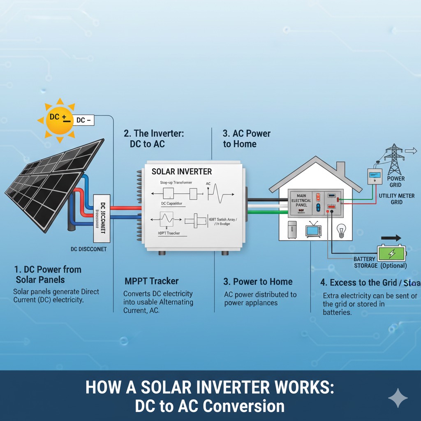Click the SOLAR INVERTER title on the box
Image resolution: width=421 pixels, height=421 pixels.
pyautogui.click(x=182, y=171)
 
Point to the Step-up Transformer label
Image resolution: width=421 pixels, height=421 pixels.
pyautogui.click(x=176, y=183)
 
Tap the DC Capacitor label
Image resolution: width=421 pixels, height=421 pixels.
pyautogui.click(x=172, y=203)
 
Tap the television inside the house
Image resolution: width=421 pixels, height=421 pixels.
pyautogui.click(x=313, y=231)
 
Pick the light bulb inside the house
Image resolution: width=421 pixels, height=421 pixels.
pyautogui.click(x=341, y=230)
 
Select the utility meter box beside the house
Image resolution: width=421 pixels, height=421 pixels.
pyautogui.click(x=375, y=176)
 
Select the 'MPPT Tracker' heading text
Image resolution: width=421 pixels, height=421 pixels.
pyautogui.click(x=151, y=281)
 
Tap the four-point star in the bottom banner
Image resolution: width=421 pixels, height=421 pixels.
pyautogui.click(x=398, y=398)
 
